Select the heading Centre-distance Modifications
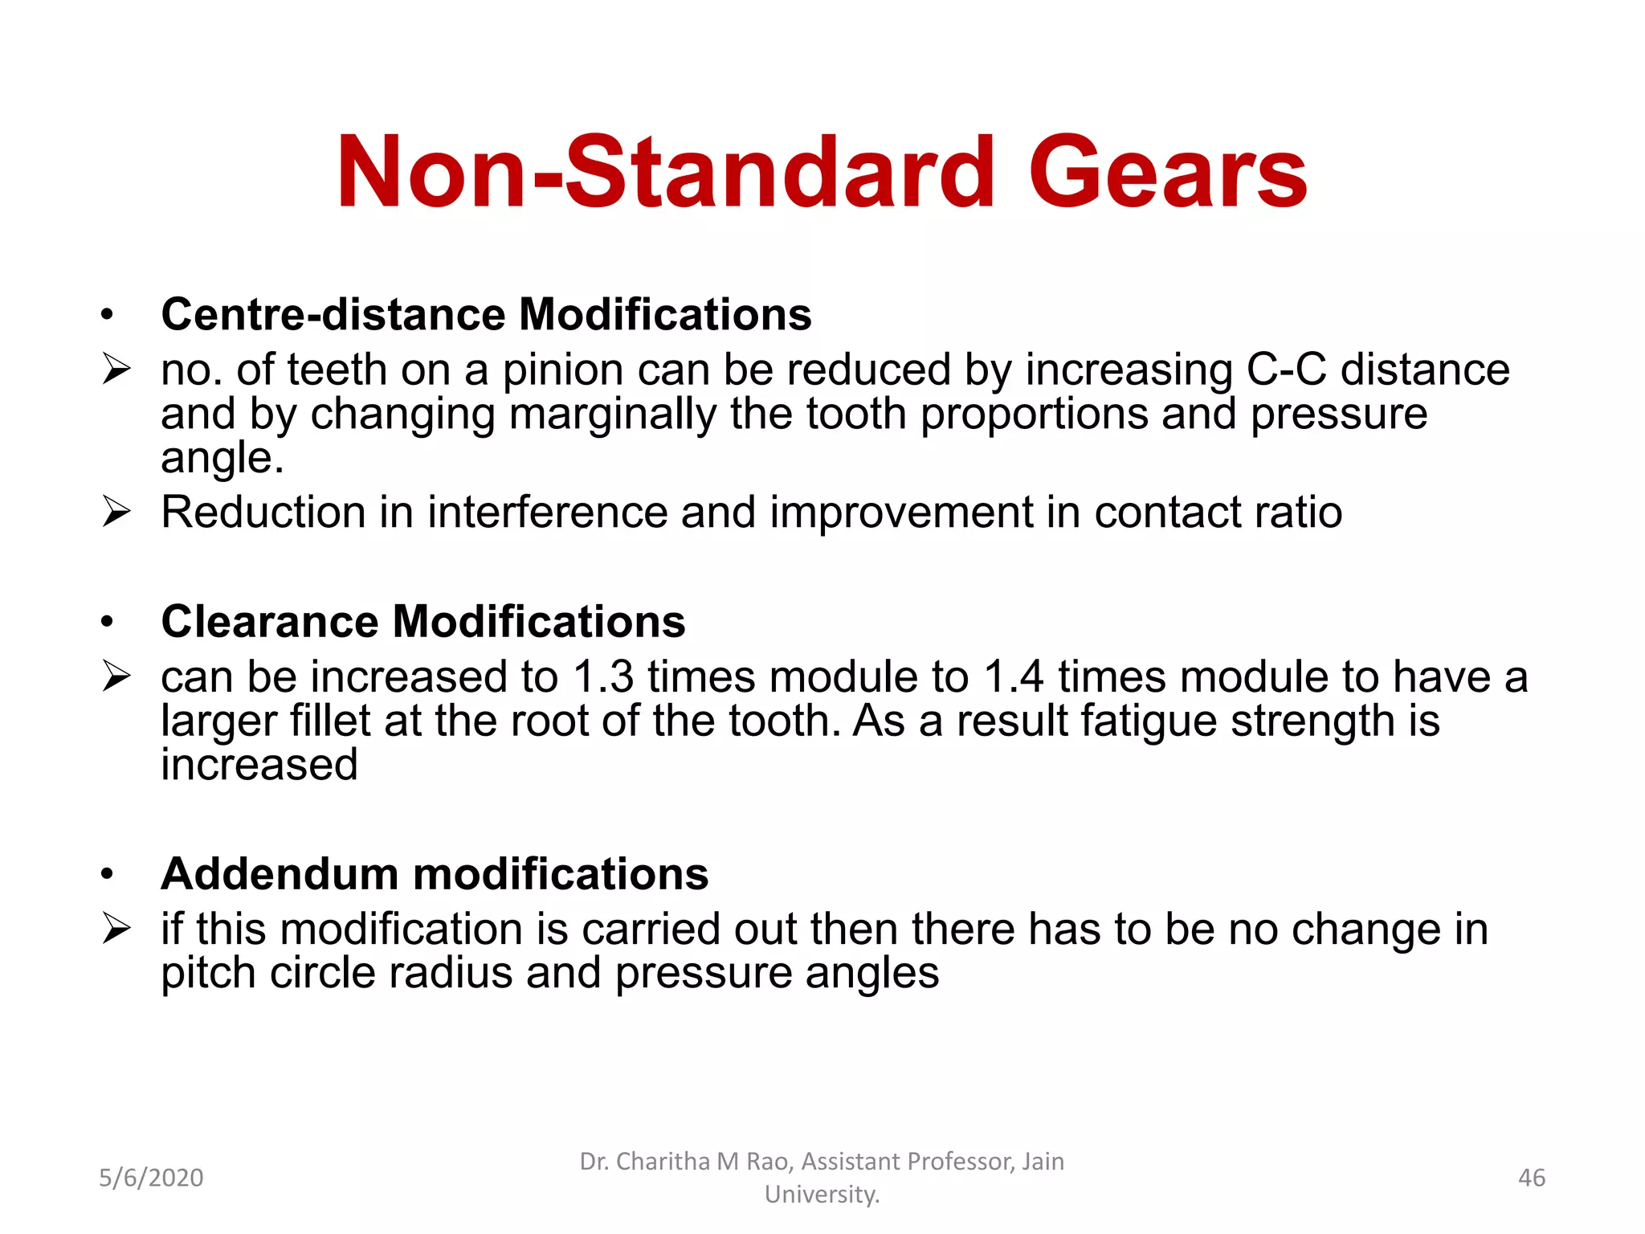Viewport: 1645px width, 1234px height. tap(486, 314)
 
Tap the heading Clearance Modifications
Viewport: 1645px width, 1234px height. tap(422, 622)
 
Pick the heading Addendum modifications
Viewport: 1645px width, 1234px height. tap(435, 874)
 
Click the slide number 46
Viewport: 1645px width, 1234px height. tap(1531, 1178)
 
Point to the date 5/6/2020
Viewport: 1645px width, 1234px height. tap(151, 1178)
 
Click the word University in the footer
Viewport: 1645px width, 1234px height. tap(821, 1195)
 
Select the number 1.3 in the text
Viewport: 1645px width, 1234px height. tap(602, 677)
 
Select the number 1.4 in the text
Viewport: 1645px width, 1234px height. tap(1013, 677)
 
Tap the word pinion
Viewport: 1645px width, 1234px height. tap(562, 370)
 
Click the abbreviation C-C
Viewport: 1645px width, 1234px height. tap(1286, 370)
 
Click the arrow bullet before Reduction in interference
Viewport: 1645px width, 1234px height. tap(116, 513)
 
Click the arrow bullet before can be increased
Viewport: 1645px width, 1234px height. tap(116, 677)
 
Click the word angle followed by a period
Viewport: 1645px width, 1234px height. tap(222, 460)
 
